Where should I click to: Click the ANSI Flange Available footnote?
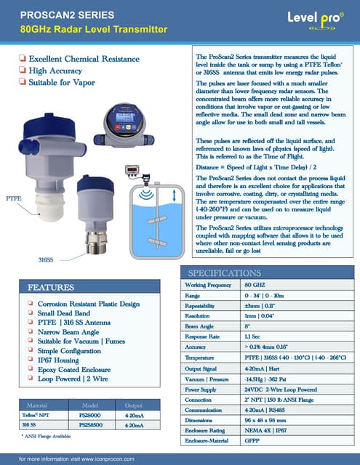(47, 436)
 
